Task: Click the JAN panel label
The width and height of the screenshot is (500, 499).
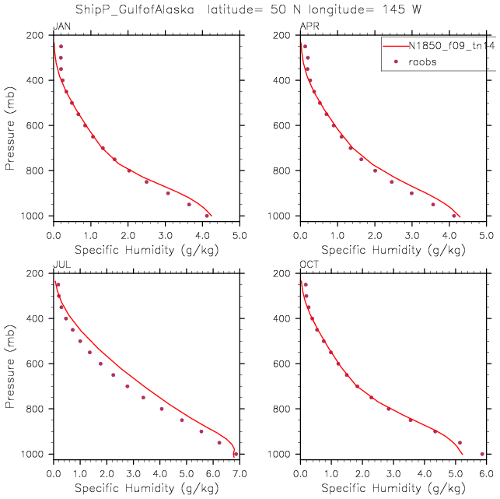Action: (x=59, y=27)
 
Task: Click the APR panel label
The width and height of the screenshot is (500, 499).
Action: (x=309, y=27)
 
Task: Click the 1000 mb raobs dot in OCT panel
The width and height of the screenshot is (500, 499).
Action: (x=482, y=454)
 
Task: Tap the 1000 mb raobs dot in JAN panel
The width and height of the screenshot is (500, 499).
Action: (x=207, y=216)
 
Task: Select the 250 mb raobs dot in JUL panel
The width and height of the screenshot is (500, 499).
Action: (x=58, y=285)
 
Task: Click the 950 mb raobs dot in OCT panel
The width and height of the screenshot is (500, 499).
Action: (x=460, y=442)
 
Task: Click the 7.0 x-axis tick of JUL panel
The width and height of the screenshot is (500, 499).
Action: (x=238, y=473)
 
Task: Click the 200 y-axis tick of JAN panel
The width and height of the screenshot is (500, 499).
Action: (x=38, y=36)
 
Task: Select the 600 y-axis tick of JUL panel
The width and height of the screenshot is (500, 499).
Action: (x=38, y=364)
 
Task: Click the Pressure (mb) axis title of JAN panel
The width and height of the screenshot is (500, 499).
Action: (x=9, y=125)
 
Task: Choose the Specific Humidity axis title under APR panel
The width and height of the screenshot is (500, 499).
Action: (x=393, y=251)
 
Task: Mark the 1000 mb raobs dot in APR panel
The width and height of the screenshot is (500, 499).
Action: (x=454, y=216)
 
